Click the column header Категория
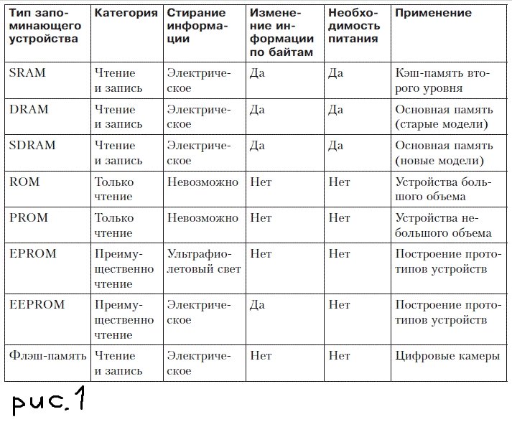126,13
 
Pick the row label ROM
24,182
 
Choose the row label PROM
28,217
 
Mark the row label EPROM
32,253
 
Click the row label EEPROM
37,304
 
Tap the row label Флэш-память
47,355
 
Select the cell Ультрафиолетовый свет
204,261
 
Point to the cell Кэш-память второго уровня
442,80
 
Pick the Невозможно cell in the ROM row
203,182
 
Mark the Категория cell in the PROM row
114,225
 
